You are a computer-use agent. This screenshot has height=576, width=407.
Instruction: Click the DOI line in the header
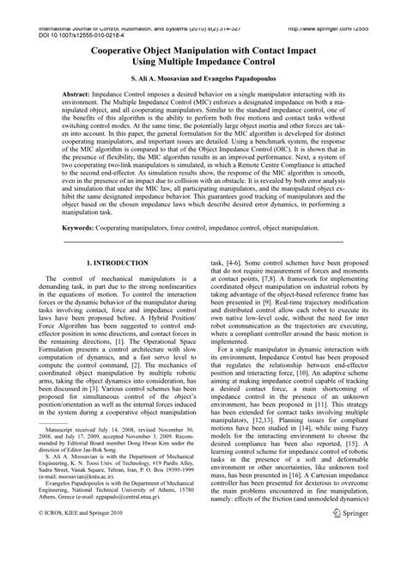78,15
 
